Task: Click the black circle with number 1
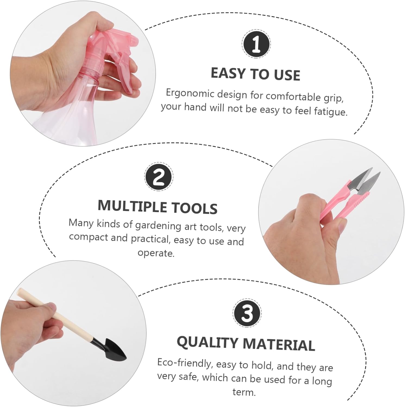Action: [256, 44]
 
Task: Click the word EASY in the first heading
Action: [228, 73]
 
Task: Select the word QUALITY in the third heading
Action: [207, 342]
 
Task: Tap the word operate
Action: [156, 253]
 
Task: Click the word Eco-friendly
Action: [184, 363]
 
